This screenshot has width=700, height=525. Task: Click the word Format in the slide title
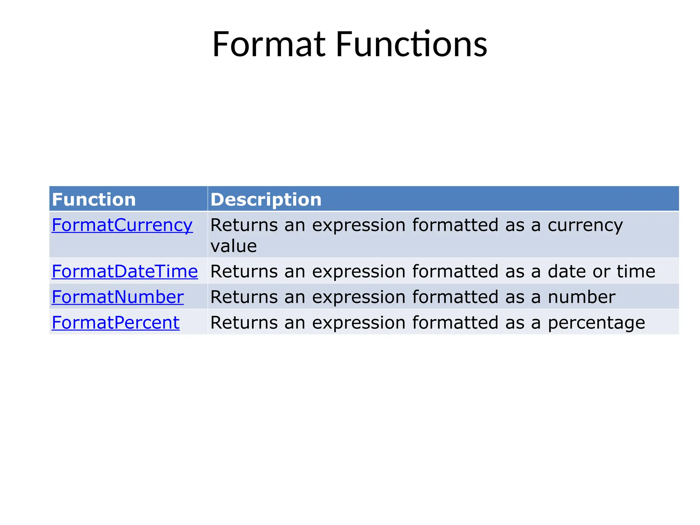[x=269, y=44]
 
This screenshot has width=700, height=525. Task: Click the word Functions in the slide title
[x=411, y=44]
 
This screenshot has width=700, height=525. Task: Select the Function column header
[x=94, y=199]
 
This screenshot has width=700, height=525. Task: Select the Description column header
[x=266, y=199]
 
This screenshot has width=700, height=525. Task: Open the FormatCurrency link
[x=122, y=225]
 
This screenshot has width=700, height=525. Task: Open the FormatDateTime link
[x=125, y=271]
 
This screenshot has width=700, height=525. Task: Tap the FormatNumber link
[x=118, y=297]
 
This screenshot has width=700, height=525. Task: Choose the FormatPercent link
[x=116, y=322]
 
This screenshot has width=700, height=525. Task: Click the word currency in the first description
[x=585, y=226]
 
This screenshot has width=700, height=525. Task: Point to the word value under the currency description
[x=233, y=246]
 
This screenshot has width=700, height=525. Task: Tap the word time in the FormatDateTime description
[x=636, y=271]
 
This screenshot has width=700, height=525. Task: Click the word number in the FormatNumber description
[x=581, y=297]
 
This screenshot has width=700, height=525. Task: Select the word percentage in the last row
[x=596, y=323]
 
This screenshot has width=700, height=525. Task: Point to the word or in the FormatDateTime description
[x=601, y=271]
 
